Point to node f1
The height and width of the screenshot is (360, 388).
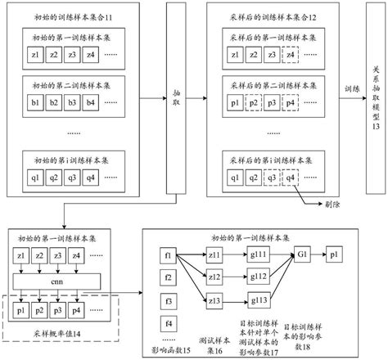pyautogui.click(x=169, y=256)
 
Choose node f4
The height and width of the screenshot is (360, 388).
pyautogui.click(x=169, y=321)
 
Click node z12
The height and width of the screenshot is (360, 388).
pyautogui.click(x=214, y=278)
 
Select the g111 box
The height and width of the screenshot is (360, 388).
pyautogui.click(x=259, y=256)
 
